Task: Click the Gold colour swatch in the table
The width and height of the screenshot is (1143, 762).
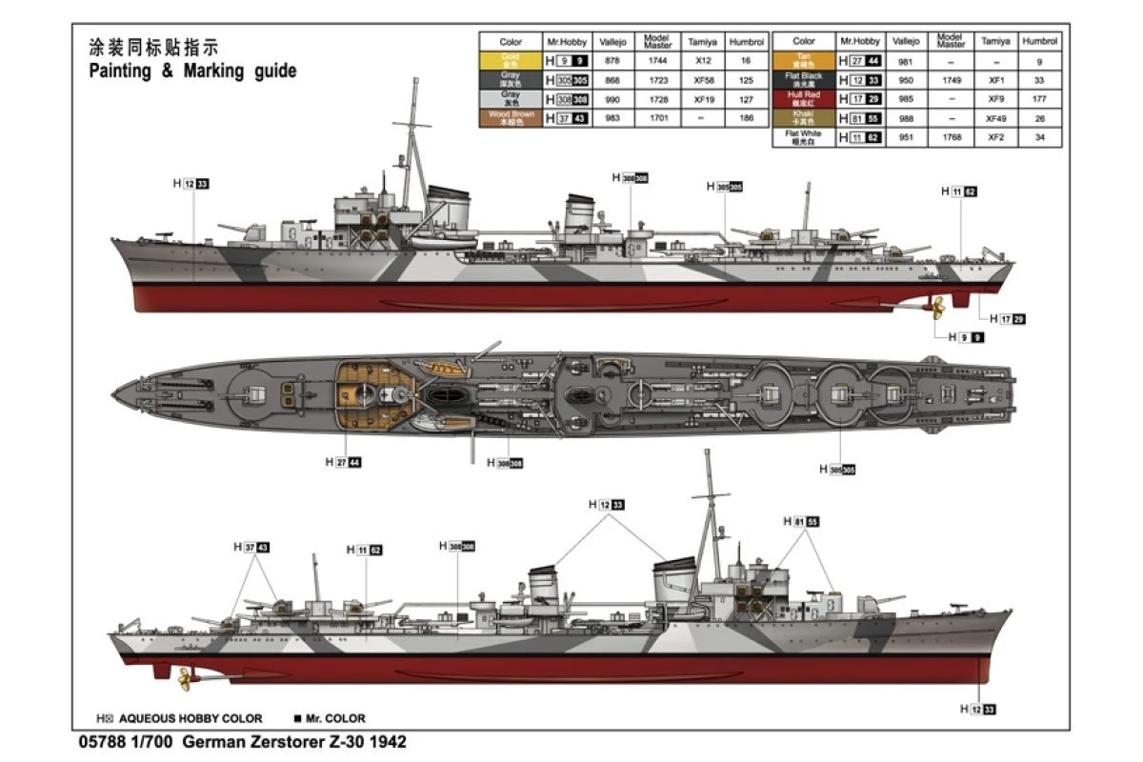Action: pyautogui.click(x=511, y=61)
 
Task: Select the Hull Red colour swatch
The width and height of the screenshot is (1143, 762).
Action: pyautogui.click(x=804, y=99)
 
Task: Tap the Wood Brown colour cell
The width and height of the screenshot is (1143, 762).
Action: pyautogui.click(x=511, y=118)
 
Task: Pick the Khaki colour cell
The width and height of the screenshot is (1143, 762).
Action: pyautogui.click(x=804, y=118)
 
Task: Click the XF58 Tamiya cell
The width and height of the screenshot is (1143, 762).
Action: pyautogui.click(x=703, y=80)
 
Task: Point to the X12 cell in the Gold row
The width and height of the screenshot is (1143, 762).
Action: pyautogui.click(x=703, y=61)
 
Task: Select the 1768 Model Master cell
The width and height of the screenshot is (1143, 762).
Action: pyautogui.click(x=951, y=137)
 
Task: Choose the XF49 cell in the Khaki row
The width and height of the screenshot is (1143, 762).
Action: pyautogui.click(x=996, y=118)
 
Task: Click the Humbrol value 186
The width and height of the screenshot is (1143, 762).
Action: pyautogui.click(x=746, y=118)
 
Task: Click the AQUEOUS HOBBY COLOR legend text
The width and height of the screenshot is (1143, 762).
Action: pyautogui.click(x=190, y=719)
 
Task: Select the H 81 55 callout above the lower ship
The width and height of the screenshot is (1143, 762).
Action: pyautogui.click(x=801, y=522)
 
